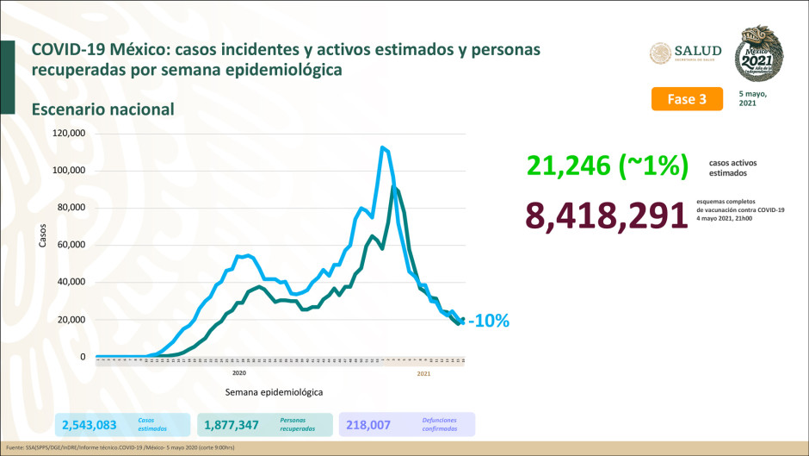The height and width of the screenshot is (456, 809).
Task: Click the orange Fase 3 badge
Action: pyautogui.click(x=686, y=98)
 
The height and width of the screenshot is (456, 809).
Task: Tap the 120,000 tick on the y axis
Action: pyautogui.click(x=69, y=134)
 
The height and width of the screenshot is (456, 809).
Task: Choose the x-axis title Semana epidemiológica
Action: pyautogui.click(x=275, y=391)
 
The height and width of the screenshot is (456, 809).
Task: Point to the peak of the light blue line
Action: pyautogui.click(x=382, y=147)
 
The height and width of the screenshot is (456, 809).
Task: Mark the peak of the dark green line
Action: pyautogui.click(x=394, y=187)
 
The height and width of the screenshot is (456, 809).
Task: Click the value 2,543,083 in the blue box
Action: pyautogui.click(x=88, y=424)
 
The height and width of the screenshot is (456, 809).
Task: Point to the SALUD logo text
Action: pyautogui.click(x=698, y=51)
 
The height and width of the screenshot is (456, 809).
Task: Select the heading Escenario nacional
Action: pyautogui.click(x=102, y=109)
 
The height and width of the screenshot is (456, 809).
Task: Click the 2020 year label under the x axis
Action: pyautogui.click(x=239, y=373)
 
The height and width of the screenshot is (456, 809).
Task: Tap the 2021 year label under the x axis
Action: pyautogui.click(x=423, y=373)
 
